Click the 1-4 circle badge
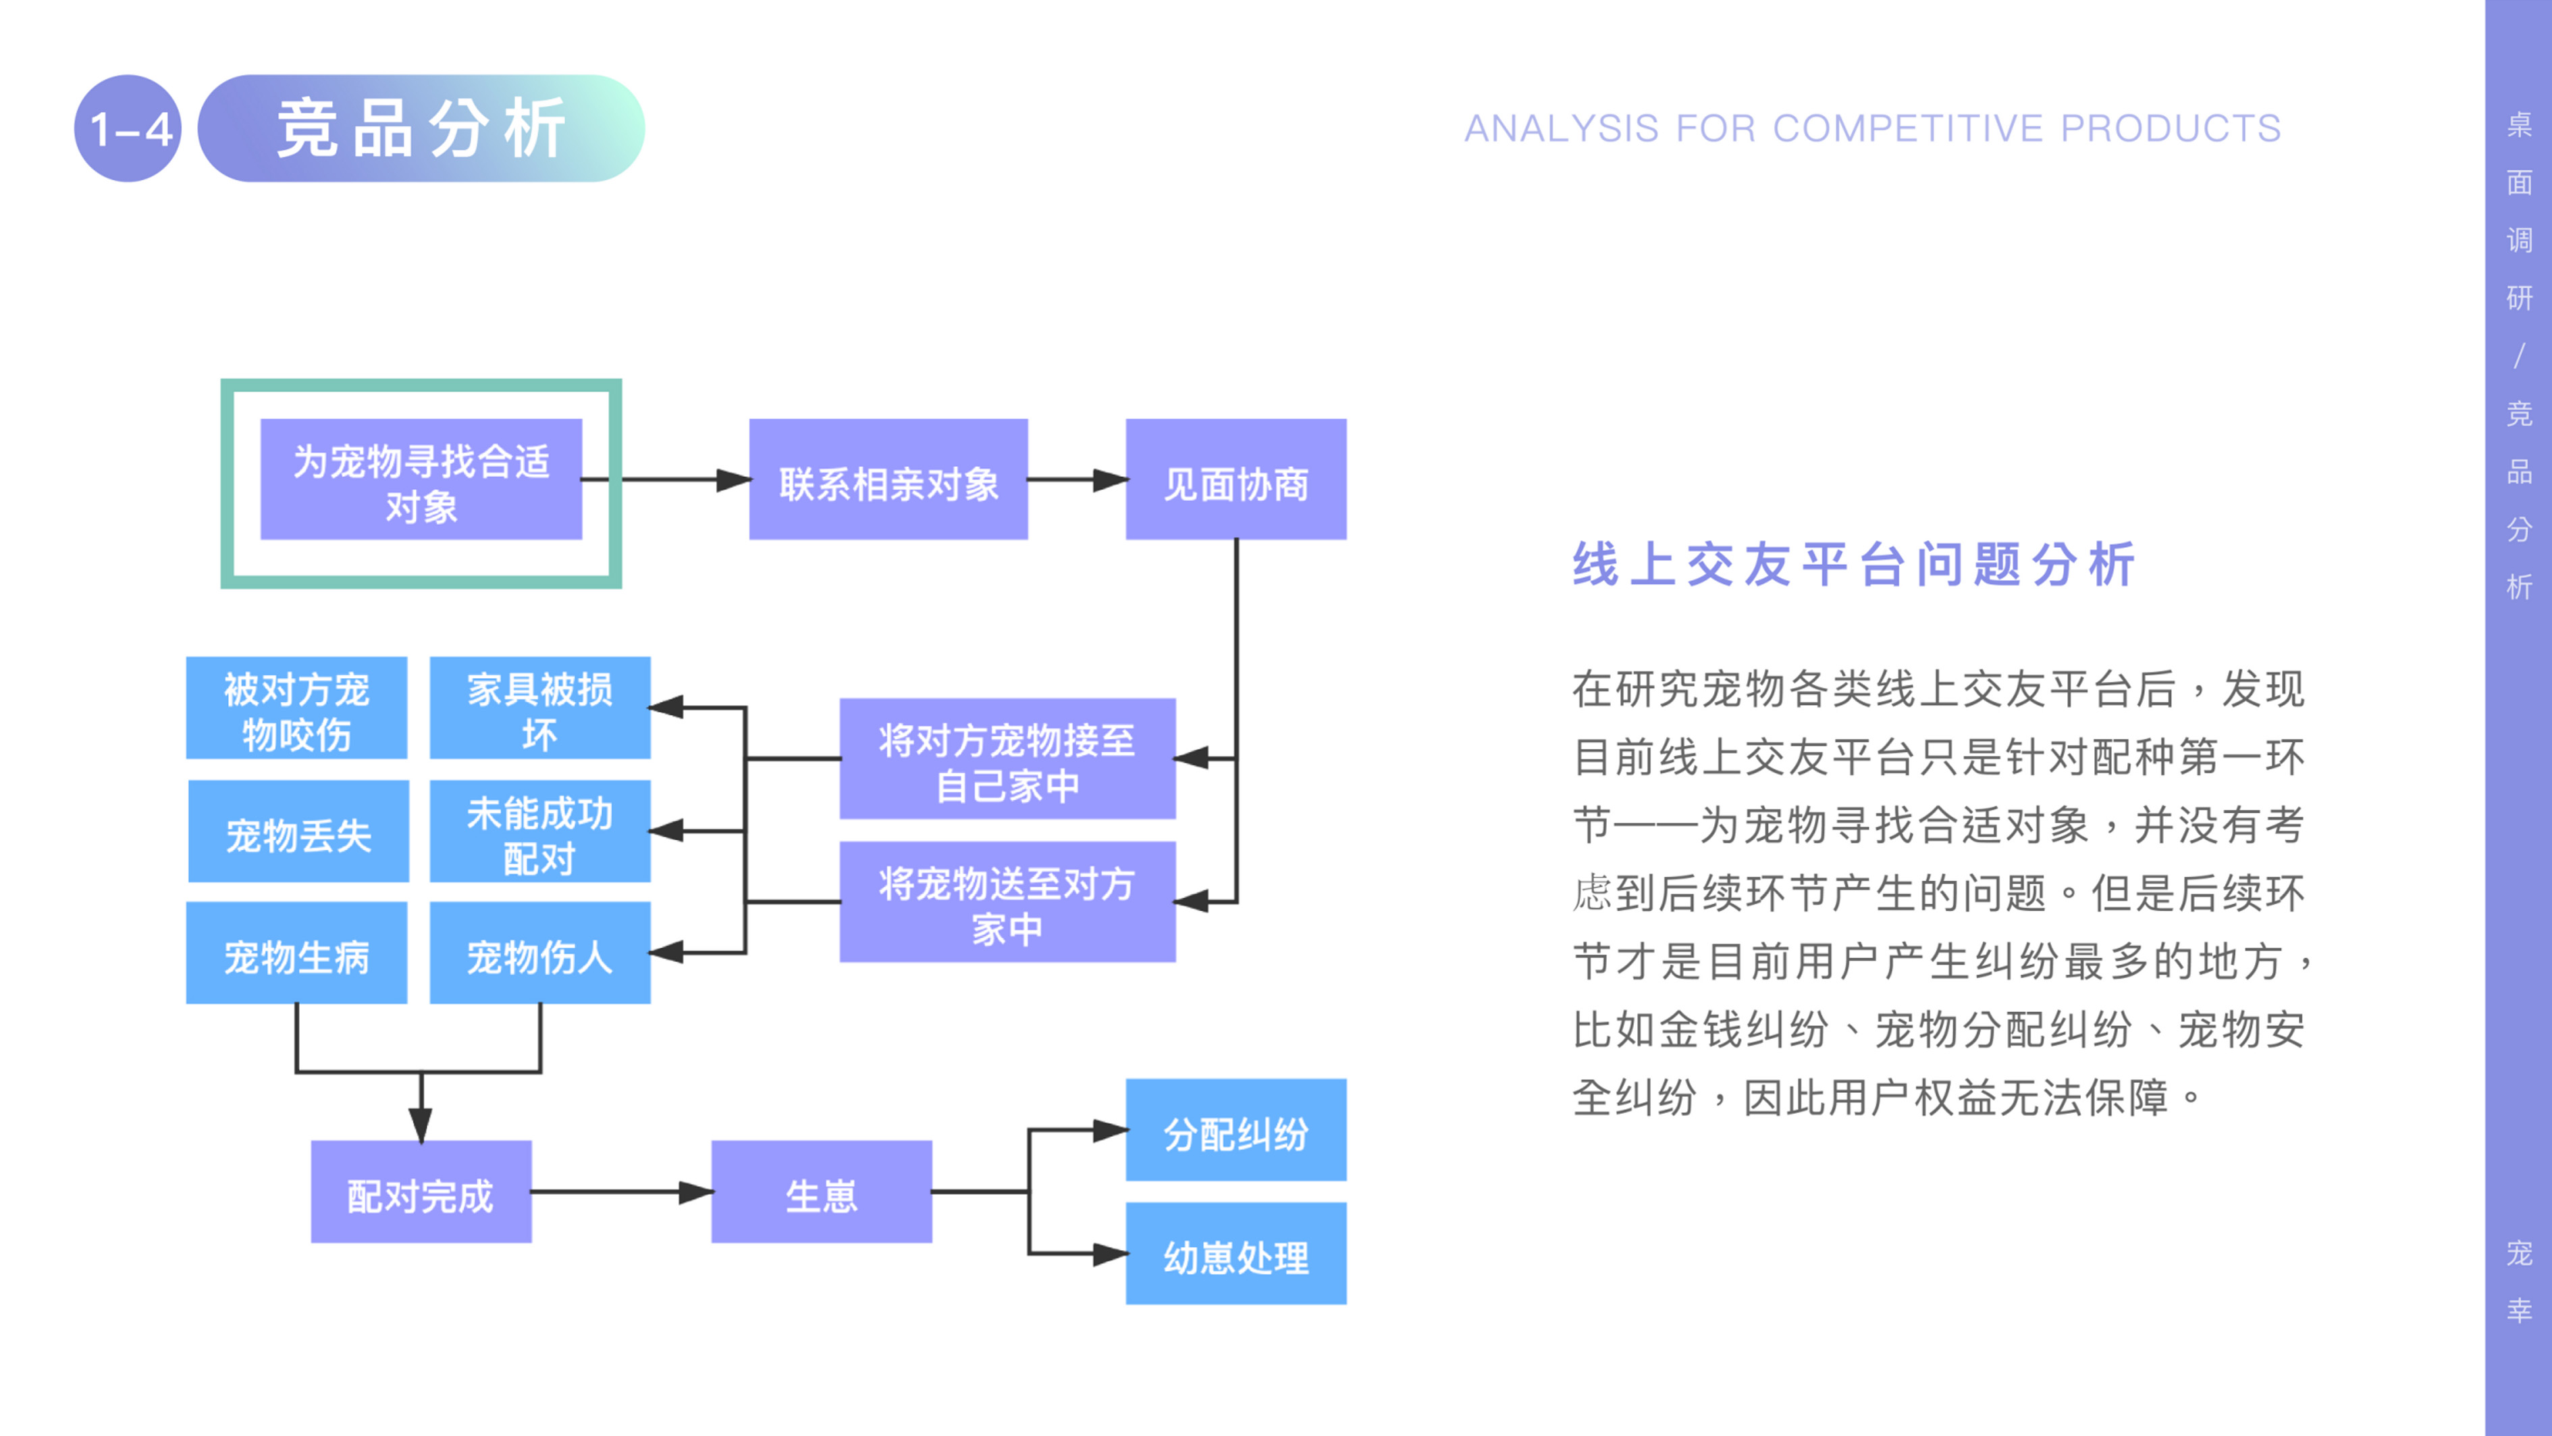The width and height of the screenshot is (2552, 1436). [128, 129]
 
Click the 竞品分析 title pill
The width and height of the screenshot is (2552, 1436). [421, 129]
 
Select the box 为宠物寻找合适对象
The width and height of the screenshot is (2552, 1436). [421, 480]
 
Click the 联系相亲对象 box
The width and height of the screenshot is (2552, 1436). [888, 480]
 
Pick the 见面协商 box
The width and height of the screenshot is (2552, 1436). [1235, 480]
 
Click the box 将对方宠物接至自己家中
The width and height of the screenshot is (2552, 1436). [1007, 759]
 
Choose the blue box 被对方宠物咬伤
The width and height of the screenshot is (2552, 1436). [296, 708]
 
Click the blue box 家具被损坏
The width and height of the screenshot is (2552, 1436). [540, 708]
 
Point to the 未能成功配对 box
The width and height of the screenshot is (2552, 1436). [540, 831]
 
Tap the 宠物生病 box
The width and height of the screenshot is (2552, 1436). [296, 953]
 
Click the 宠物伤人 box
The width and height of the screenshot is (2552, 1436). [540, 953]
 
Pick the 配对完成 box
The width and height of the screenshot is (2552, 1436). [421, 1192]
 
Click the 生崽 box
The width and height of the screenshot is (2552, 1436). [821, 1192]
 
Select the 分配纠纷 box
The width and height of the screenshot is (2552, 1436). [1235, 1130]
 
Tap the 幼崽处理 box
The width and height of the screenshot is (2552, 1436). [1235, 1254]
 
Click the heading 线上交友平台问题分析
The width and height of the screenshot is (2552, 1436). [1853, 565]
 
